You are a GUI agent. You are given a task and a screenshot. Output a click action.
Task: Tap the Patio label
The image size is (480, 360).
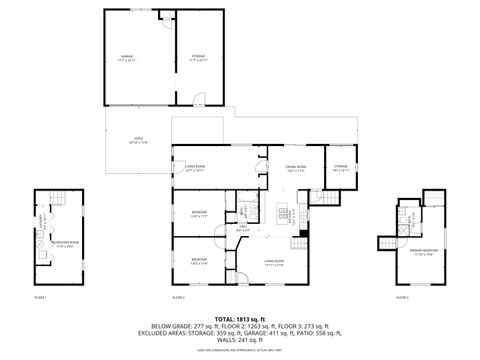[x=137, y=142]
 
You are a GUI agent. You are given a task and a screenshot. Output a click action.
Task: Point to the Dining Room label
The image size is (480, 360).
[x=295, y=168]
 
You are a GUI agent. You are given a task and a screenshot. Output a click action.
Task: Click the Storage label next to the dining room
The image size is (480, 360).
[x=341, y=168]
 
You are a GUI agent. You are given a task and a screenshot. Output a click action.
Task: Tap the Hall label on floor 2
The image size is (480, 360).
[x=242, y=229]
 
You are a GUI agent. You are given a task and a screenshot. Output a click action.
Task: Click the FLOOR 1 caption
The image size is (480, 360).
[x=41, y=298]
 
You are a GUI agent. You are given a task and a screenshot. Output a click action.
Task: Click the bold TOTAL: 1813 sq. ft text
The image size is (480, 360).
[x=239, y=319]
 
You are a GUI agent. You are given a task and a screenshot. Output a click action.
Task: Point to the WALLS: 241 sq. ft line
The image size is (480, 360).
[x=239, y=340]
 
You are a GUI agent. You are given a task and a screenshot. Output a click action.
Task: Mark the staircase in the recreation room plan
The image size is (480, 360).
[x=59, y=199]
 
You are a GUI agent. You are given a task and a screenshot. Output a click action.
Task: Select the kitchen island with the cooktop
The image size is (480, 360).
[x=283, y=211]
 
